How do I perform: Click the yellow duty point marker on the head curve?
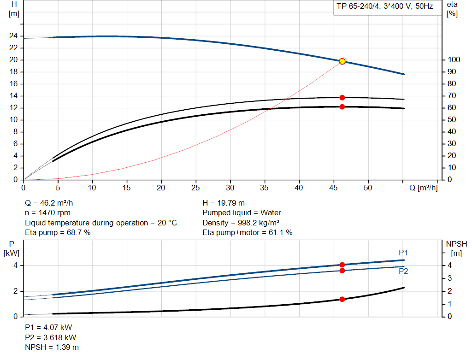tap(342, 61)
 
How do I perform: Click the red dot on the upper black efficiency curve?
tap(342, 98)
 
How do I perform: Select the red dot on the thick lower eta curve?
tap(342, 107)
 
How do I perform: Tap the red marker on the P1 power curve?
tap(342, 265)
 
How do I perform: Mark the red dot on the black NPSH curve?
tap(342, 299)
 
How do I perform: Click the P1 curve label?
tap(403, 253)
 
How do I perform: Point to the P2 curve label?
tap(403, 271)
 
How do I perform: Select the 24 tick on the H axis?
tap(14, 36)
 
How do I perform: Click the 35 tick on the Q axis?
tap(265, 188)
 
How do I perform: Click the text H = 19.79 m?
tap(224, 203)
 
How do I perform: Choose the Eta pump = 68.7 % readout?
tap(58, 233)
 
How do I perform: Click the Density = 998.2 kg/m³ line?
tap(242, 223)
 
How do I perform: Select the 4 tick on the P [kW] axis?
tap(15, 266)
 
